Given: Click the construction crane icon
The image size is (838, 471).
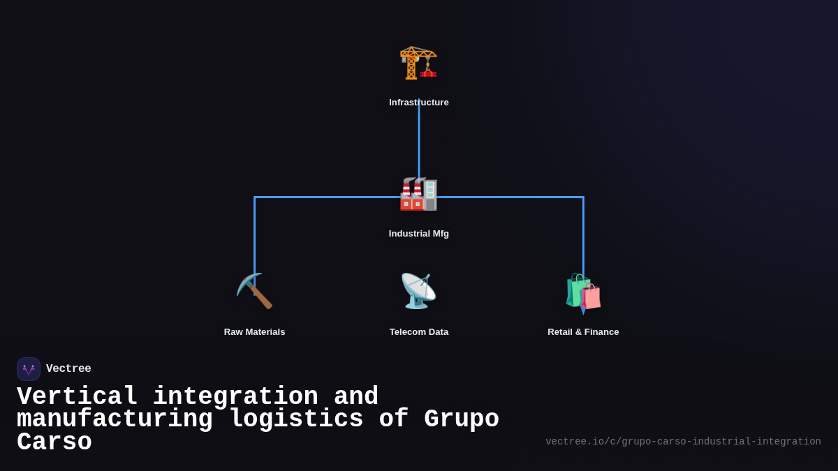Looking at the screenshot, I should click(418, 63).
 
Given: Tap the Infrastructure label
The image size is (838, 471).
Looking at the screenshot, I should click(419, 103).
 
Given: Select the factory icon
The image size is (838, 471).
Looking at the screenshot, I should click(418, 194).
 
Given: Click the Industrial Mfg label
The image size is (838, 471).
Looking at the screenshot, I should click(419, 234).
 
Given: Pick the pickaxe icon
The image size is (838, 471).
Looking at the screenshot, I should click(255, 291).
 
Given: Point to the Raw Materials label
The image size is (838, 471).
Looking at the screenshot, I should click(255, 332).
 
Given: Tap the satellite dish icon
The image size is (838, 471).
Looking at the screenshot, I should click(418, 291).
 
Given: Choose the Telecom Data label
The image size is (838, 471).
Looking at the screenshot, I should click(419, 332).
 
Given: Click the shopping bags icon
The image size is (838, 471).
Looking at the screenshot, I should click(583, 292).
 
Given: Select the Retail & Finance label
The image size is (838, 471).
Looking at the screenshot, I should click(583, 332).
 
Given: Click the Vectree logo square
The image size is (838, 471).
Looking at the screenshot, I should click(29, 369).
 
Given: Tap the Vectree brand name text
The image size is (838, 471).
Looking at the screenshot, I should click(68, 369).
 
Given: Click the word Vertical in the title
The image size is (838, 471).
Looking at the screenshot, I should click(77, 397).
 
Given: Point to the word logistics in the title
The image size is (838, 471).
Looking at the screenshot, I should click(296, 419).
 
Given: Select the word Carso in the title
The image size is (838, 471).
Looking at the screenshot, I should click(54, 442).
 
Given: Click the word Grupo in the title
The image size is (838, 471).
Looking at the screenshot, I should click(462, 419).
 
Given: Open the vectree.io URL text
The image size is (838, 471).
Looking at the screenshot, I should click(683, 442).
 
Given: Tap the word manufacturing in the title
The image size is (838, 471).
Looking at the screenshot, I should click(115, 419).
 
